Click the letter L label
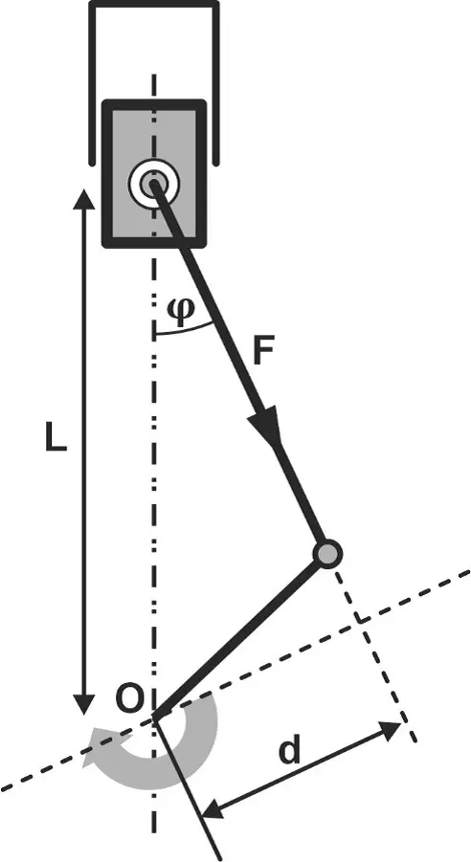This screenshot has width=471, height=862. (x=56, y=438)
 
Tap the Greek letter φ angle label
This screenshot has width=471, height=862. (x=180, y=311)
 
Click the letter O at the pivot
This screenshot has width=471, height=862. (x=131, y=700)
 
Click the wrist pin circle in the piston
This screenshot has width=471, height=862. (x=153, y=183)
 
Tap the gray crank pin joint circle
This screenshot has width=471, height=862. (x=328, y=553)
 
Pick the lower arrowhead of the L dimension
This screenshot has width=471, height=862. (x=83, y=704)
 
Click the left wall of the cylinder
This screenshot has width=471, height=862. (x=93, y=82)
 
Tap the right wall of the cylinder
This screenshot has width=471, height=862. (x=215, y=82)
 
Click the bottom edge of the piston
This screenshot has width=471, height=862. (x=154, y=243)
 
